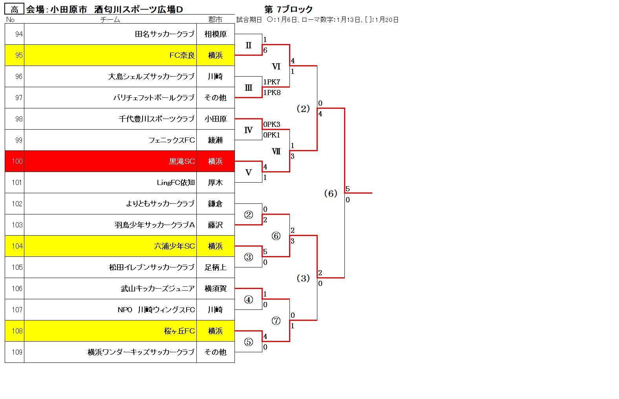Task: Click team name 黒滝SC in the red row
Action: click(182, 161)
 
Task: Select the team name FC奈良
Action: click(182, 55)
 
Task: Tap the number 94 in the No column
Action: click(19, 34)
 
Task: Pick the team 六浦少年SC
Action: click(174, 246)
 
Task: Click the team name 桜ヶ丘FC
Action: click(179, 331)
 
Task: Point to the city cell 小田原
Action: click(216, 119)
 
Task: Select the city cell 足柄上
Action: click(216, 267)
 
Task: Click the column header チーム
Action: click(110, 20)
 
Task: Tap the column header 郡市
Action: click(215, 20)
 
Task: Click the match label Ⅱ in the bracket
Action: click(249, 45)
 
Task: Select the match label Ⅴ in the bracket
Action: click(249, 172)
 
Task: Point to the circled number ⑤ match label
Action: click(249, 342)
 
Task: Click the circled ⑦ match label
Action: click(276, 320)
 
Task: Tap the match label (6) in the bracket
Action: click(331, 193)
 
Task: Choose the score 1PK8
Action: click(272, 92)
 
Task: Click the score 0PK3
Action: click(272, 124)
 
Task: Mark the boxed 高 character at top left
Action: click(15, 9)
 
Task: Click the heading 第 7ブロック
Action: click(289, 9)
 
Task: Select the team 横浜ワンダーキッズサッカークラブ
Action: click(141, 352)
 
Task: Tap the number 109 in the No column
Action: click(17, 352)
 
